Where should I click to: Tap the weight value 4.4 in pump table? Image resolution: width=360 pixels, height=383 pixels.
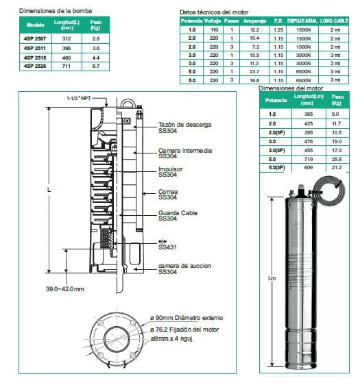(x=96, y=58)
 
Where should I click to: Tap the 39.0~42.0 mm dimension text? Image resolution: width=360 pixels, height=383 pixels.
(x=64, y=290)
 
